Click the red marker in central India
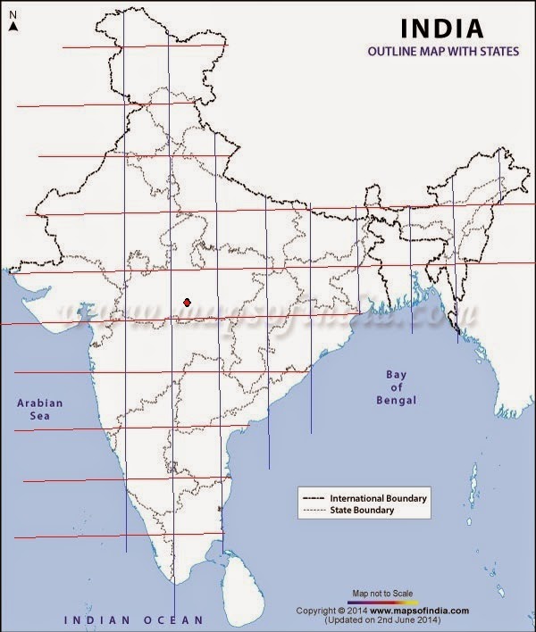[187, 304]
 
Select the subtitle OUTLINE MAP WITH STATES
[443, 52]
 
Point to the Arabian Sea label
[40, 410]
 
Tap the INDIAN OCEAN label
[132, 619]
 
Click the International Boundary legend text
[379, 497]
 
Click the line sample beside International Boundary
[314, 497]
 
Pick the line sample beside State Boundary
[314, 510]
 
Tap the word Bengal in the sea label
[396, 402]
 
